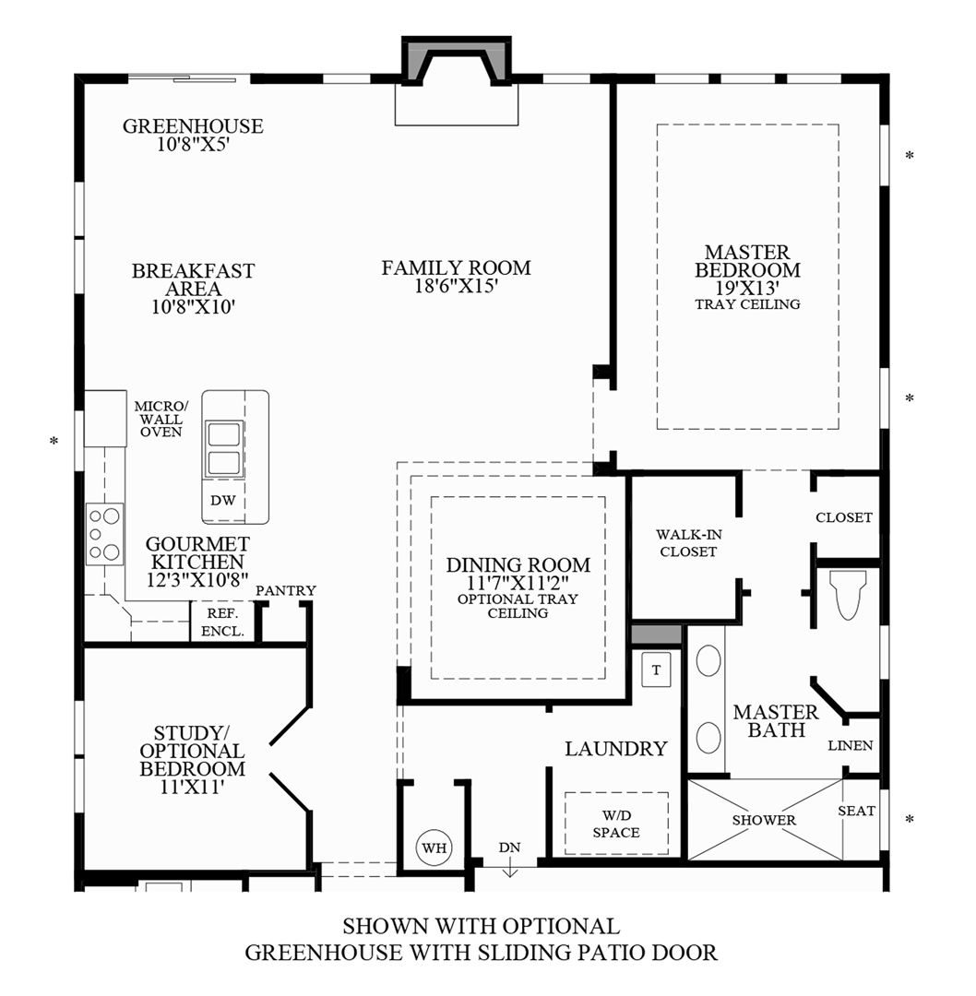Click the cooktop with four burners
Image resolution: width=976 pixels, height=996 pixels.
pos(104,534)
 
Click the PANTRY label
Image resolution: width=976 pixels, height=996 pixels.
pos(286,590)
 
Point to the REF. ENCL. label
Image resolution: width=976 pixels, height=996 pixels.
pos(222,622)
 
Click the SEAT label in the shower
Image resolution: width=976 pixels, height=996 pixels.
pos(857,811)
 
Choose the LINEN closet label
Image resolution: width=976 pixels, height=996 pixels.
pos(851,745)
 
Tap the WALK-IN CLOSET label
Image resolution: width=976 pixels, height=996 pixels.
pos(686,543)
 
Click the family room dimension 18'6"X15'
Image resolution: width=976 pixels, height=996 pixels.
pos(457,287)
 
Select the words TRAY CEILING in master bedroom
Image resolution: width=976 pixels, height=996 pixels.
pos(747,303)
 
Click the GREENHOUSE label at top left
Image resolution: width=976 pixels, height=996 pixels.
pos(193,126)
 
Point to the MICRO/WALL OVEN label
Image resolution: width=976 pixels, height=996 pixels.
pos(161,419)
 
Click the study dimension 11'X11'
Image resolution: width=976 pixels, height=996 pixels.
pos(193,788)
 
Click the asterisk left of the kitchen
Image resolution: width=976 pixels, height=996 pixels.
pos(54,443)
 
